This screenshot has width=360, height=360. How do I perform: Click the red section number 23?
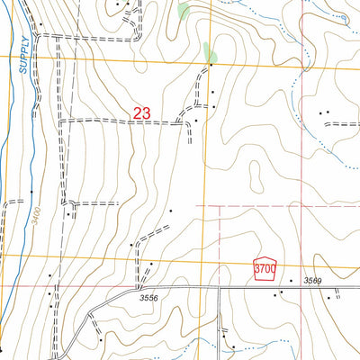click(x=141, y=113)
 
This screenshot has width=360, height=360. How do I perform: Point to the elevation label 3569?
click(x=312, y=282)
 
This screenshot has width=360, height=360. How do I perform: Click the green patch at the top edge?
click(x=184, y=11)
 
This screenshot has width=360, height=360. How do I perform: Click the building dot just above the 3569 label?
click(x=292, y=280)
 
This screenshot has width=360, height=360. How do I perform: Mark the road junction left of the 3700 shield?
click(x=220, y=288)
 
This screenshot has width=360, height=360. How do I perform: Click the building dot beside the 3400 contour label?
click(x=32, y=193)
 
